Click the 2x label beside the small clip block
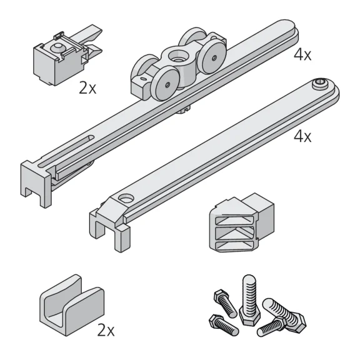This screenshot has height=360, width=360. (x=87, y=87)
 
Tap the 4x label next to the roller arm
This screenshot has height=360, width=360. (x=302, y=55)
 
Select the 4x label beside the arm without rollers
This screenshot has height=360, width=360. (x=302, y=136)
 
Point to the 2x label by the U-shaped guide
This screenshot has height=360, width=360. (x=106, y=330)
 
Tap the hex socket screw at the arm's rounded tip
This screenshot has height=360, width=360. (x=321, y=83)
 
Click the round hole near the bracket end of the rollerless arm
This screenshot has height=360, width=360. (x=126, y=198)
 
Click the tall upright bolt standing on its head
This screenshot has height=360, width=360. (x=249, y=299)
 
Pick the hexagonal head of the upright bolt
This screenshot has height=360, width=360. (x=250, y=317)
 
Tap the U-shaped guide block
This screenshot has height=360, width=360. (x=72, y=306)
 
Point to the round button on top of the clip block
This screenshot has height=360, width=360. (x=57, y=47)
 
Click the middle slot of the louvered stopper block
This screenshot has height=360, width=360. (x=234, y=233)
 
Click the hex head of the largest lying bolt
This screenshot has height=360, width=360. (x=297, y=322)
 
